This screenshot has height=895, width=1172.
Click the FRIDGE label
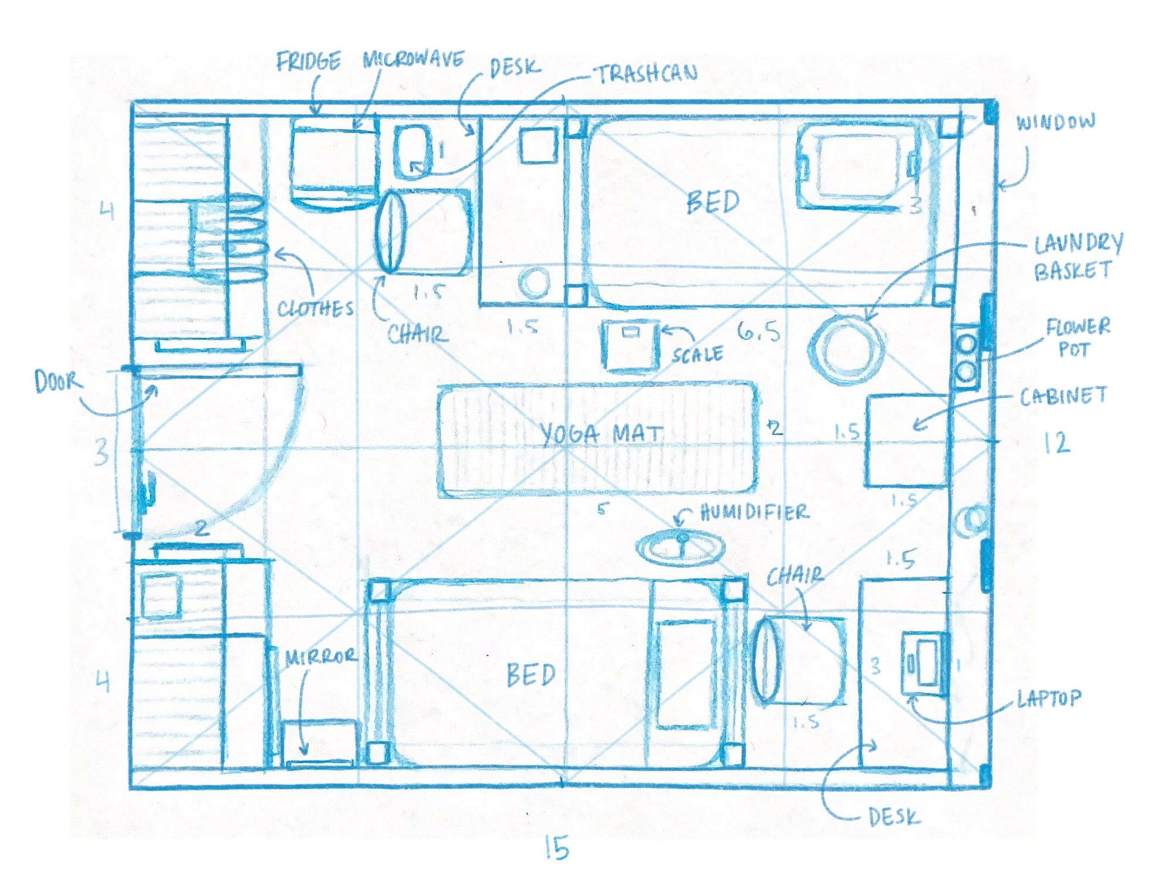(308, 62)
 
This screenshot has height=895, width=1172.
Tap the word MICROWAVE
(414, 59)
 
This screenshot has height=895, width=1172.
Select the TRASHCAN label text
(646, 73)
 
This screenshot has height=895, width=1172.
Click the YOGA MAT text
(601, 434)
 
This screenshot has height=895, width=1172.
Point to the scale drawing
(630, 345)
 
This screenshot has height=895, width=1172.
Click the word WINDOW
(1055, 122)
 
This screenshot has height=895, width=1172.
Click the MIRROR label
(321, 656)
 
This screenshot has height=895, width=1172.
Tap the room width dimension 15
(556, 848)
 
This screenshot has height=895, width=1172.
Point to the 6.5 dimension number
(759, 332)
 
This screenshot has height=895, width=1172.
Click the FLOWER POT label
(1078, 338)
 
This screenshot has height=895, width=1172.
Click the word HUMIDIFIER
(755, 513)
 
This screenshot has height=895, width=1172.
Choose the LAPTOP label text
(1048, 698)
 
